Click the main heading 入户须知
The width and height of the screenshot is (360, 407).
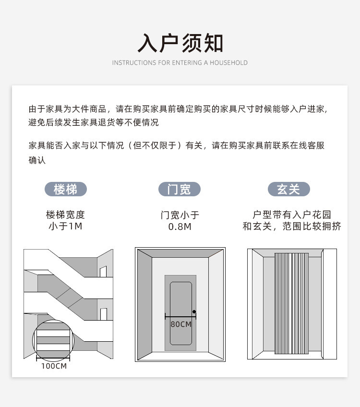[x=180, y=43]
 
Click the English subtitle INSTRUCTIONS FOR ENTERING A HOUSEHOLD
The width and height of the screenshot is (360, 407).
[x=180, y=63]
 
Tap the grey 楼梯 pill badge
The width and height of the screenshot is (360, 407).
[x=66, y=189]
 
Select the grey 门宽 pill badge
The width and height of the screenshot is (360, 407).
[x=180, y=189]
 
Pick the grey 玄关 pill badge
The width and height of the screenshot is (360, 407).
[x=288, y=189]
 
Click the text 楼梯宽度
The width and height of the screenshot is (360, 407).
[x=65, y=215]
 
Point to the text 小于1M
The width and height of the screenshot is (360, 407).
[x=65, y=226]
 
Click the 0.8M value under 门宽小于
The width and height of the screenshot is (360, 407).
[x=180, y=227]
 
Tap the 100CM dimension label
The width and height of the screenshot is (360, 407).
[x=54, y=366]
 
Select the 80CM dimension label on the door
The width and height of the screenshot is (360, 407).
[x=180, y=324]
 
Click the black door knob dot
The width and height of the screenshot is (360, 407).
[x=194, y=312]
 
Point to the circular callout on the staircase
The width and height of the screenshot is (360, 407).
[x=53, y=340]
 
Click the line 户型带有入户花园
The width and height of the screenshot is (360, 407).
[x=292, y=215]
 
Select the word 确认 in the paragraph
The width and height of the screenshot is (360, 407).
[x=37, y=160]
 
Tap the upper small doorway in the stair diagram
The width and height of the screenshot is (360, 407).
[x=103, y=272]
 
